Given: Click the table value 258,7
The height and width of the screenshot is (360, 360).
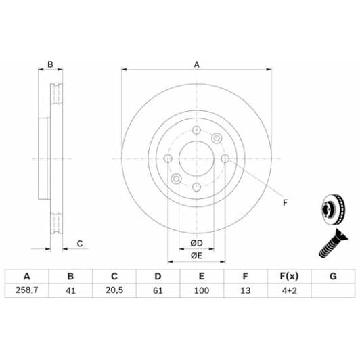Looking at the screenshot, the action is coord(26,290).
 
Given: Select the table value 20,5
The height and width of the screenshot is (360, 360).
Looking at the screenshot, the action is coord(114,290).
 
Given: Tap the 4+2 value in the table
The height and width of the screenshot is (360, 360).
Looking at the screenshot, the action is coord(290,290).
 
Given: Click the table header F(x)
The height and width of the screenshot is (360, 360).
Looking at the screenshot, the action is coord(289,276).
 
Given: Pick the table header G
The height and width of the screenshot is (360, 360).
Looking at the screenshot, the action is coord(333,276).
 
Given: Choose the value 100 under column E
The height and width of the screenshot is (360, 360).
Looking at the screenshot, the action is coord(202,290).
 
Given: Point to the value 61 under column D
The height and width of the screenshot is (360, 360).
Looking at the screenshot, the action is coord(158,290).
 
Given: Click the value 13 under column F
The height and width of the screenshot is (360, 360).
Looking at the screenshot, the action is coord(245,290).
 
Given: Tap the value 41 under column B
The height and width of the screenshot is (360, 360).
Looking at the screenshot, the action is coord(70,290).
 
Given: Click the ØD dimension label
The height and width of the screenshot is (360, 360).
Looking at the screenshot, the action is coord(196,243).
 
